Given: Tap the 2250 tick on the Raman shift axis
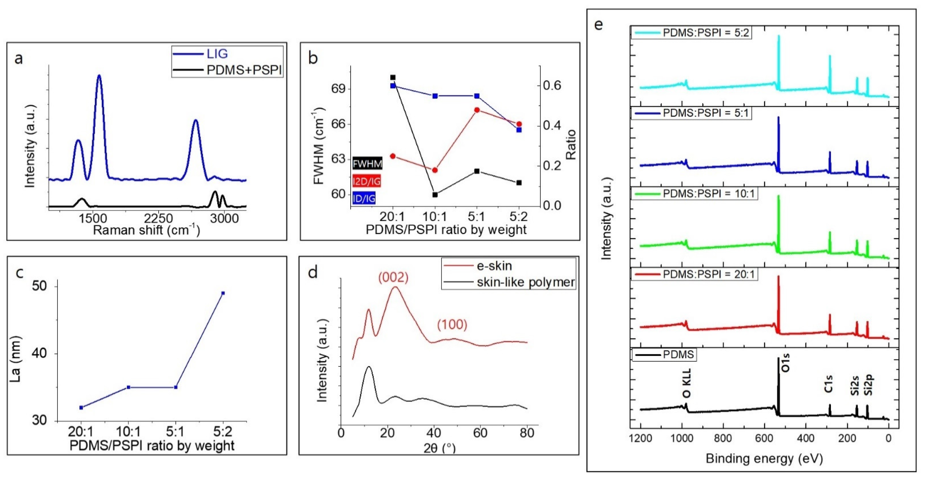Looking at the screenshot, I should [158, 218].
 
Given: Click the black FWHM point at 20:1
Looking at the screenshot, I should [393, 77].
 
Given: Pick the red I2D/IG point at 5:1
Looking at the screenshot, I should [477, 110].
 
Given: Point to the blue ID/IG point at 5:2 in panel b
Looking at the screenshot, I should [519, 130].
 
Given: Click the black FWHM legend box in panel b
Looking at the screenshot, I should [367, 164].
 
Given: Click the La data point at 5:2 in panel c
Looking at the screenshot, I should [223, 293].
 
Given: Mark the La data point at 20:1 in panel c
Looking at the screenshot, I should [81, 407].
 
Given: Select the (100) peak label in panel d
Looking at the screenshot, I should [452, 324].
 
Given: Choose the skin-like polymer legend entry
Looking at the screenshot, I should [525, 282].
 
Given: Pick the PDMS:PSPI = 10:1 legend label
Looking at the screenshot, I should [710, 194].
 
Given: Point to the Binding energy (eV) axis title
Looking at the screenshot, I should [764, 459].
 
